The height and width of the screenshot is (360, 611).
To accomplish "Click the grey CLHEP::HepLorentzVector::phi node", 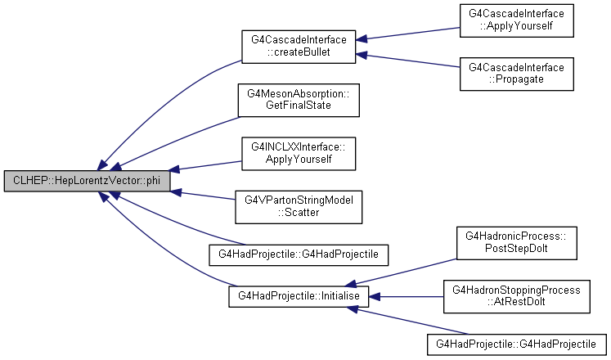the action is (x=88, y=181).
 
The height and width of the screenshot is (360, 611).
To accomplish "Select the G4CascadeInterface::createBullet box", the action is (x=299, y=47).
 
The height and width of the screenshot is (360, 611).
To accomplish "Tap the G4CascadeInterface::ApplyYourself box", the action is (x=517, y=20).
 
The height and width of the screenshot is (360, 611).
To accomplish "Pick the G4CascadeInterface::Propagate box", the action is (x=517, y=74).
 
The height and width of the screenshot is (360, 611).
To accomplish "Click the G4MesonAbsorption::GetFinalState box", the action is (x=299, y=100).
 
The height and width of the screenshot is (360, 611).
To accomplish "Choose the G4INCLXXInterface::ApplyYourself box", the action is (x=299, y=154).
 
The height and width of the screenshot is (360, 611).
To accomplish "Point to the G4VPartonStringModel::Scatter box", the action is (x=299, y=207).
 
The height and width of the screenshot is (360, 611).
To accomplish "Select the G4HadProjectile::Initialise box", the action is (x=299, y=296).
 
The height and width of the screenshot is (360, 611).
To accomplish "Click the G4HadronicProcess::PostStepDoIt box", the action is (x=517, y=243).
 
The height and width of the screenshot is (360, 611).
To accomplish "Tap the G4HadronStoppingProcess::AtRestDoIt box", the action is (x=517, y=296).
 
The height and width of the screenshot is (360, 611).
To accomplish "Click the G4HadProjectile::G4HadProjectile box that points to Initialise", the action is (x=517, y=344).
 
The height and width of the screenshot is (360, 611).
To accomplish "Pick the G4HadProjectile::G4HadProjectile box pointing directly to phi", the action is (x=299, y=254).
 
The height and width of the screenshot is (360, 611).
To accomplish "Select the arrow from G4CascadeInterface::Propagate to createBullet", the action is (x=408, y=61).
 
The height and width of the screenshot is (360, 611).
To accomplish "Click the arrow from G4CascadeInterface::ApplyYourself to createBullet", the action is (x=408, y=34).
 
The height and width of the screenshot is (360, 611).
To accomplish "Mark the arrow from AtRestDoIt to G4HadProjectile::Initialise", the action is (x=406, y=297).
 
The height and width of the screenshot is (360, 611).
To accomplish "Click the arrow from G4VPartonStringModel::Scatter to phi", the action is (x=203, y=196).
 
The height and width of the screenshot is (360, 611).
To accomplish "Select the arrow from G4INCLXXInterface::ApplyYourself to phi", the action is (x=206, y=165).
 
